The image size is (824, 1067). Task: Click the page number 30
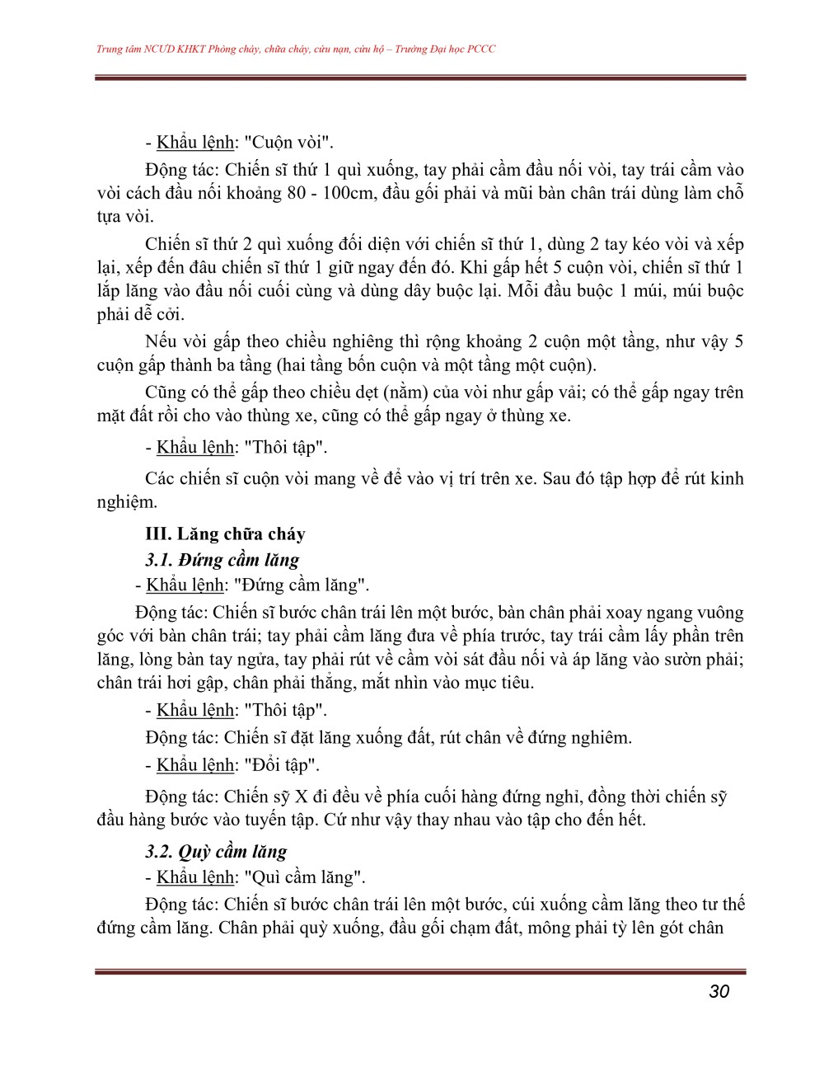tap(719, 991)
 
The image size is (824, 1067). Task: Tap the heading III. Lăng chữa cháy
tap(225, 534)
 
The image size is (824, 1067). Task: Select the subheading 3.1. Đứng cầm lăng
tap(222, 560)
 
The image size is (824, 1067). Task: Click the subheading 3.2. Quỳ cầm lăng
tap(216, 852)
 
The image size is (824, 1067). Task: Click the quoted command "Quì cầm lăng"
tap(305, 877)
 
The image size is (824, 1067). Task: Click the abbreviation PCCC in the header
tap(481, 49)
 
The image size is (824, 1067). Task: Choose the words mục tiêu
tap(499, 683)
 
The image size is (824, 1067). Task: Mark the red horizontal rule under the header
tap(420, 78)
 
